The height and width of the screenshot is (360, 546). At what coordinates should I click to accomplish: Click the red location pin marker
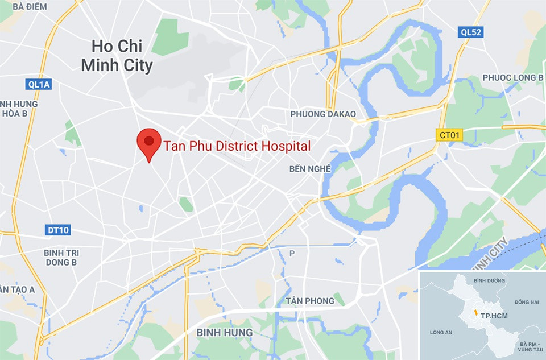click(149, 143)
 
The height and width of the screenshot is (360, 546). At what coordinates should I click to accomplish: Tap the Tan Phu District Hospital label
click(237, 146)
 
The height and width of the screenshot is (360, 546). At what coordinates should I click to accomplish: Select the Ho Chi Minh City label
click(117, 56)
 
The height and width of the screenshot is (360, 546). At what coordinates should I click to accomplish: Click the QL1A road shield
click(39, 85)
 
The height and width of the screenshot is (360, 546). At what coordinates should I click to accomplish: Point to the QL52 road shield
click(471, 32)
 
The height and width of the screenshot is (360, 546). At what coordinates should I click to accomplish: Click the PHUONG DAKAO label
click(323, 114)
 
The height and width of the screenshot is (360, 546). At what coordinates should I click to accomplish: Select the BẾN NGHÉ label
click(310, 169)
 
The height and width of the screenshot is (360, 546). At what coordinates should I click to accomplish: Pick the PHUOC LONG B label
click(513, 77)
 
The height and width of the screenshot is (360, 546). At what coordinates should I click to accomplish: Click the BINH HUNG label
click(224, 332)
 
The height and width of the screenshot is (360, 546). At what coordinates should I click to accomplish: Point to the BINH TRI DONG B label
click(61, 258)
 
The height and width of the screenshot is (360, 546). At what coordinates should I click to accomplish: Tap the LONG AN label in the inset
click(441, 333)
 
